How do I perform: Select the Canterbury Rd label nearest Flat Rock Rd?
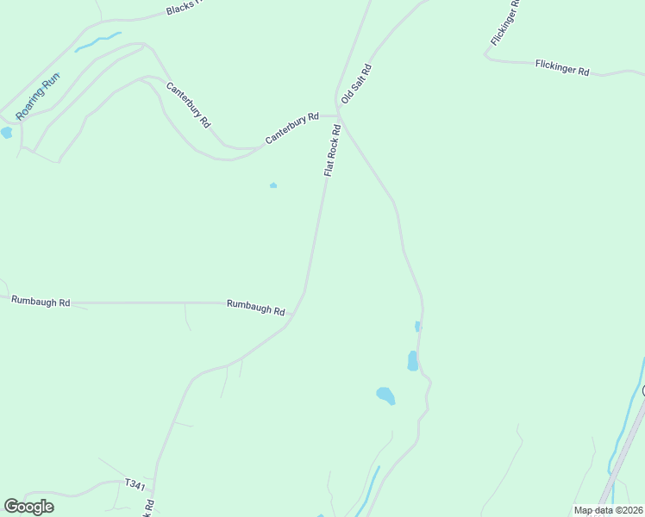(x=292, y=128)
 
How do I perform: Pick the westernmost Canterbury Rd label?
(x=188, y=105)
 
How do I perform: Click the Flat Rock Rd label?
(x=333, y=151)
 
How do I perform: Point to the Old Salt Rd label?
(x=355, y=84)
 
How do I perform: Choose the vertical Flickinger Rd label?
(x=505, y=23)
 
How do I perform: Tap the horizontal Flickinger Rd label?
(x=561, y=66)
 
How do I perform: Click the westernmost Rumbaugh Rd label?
(x=41, y=301)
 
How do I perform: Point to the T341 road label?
(x=135, y=485)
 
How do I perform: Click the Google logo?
(x=28, y=507)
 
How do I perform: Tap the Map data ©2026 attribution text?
(x=607, y=510)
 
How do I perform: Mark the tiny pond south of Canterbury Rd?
(x=273, y=184)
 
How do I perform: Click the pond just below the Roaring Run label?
(x=7, y=133)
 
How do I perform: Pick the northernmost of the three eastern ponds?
(x=417, y=327)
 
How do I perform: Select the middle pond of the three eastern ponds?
(x=412, y=360)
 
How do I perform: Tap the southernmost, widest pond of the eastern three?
(x=385, y=396)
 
